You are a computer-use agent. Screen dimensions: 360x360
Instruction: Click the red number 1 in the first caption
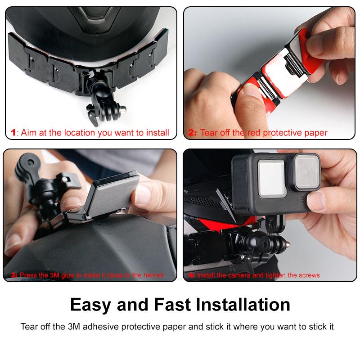point(13,133)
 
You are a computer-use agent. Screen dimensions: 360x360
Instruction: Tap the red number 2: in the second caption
point(193,133)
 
